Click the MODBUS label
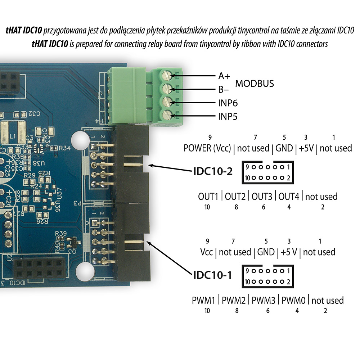pyautogui.click(x=254, y=84)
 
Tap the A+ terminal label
pyautogui.click(x=224, y=76)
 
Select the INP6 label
pyautogui.click(x=228, y=103)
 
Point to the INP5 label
pyautogui.click(x=228, y=117)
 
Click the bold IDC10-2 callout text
pyautogui.click(x=212, y=171)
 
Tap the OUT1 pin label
pyautogui.click(x=208, y=197)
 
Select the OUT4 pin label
pyautogui.click(x=289, y=197)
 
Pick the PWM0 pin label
pyautogui.click(x=294, y=300)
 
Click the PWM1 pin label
pyautogui.click(x=204, y=300)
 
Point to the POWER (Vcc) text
pyautogui.click(x=207, y=148)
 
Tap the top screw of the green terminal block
pyautogui.click(x=166, y=75)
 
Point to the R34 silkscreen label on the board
pyautogui.click(x=64, y=147)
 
